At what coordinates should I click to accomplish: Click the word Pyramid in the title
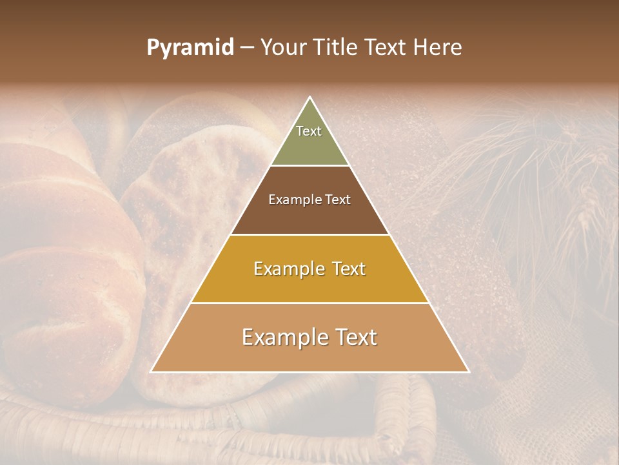coord(190,48)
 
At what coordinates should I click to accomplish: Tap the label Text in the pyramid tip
coord(309,131)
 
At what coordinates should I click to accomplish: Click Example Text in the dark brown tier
coord(309,200)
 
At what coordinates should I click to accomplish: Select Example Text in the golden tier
coord(309,269)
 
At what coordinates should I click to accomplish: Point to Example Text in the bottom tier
coord(309,337)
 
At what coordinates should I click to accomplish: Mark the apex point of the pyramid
coord(310,98)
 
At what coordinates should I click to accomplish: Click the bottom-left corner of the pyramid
coord(152,372)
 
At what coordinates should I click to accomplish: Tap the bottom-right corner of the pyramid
coord(469,372)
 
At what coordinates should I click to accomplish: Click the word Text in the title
coord(387,48)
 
